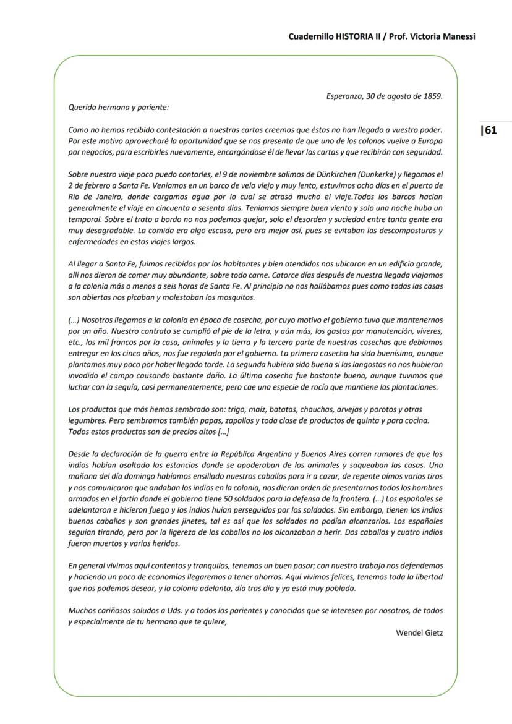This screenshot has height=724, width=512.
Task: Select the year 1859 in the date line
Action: click(432, 96)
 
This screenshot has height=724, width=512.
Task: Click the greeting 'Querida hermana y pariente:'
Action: click(119, 107)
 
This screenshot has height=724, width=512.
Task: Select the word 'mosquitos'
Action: click(236, 297)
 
